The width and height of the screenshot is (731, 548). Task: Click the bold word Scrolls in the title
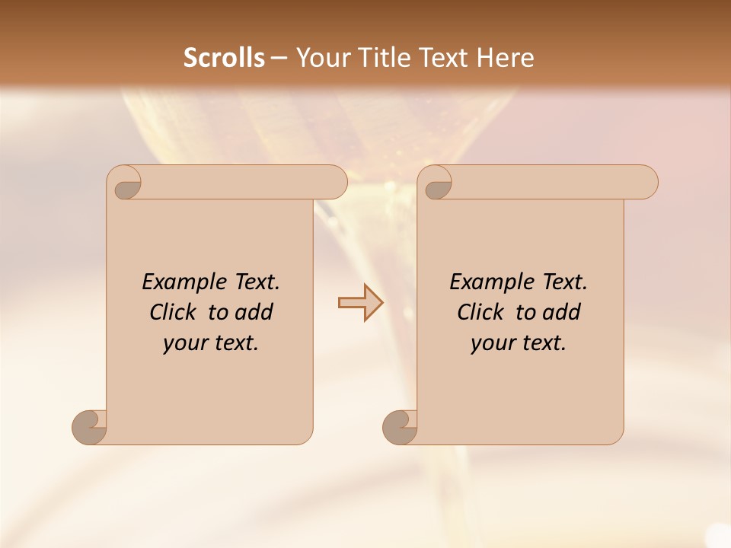(x=224, y=58)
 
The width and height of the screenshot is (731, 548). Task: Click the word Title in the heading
(x=381, y=58)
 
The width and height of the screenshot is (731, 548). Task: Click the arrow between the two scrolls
(x=361, y=303)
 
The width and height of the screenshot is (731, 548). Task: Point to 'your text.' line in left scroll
(x=211, y=343)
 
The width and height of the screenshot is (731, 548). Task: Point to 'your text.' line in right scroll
(x=519, y=343)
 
